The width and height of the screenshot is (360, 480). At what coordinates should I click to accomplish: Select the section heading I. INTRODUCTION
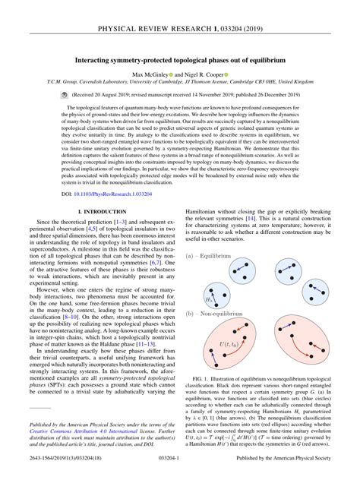(100, 199)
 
